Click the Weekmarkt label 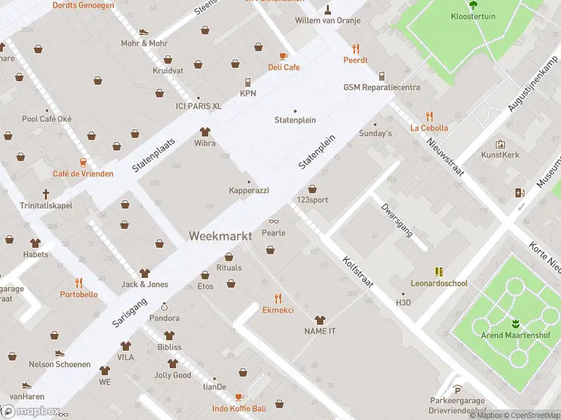click(x=219, y=237)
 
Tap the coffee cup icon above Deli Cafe click(x=283, y=56)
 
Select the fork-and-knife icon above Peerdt click(x=356, y=48)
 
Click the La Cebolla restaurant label click(x=428, y=128)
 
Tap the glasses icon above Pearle click(x=273, y=222)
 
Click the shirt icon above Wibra click(x=205, y=132)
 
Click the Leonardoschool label click(x=439, y=283)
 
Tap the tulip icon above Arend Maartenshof click(x=515, y=323)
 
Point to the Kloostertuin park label click(x=473, y=15)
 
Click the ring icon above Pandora click(x=165, y=307)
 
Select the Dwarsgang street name click(x=397, y=220)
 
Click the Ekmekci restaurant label click(x=278, y=309)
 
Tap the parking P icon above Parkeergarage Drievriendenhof click(x=457, y=390)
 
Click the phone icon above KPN click(x=248, y=83)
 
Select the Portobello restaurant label click(x=79, y=295)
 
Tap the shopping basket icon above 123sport click(x=312, y=188)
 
